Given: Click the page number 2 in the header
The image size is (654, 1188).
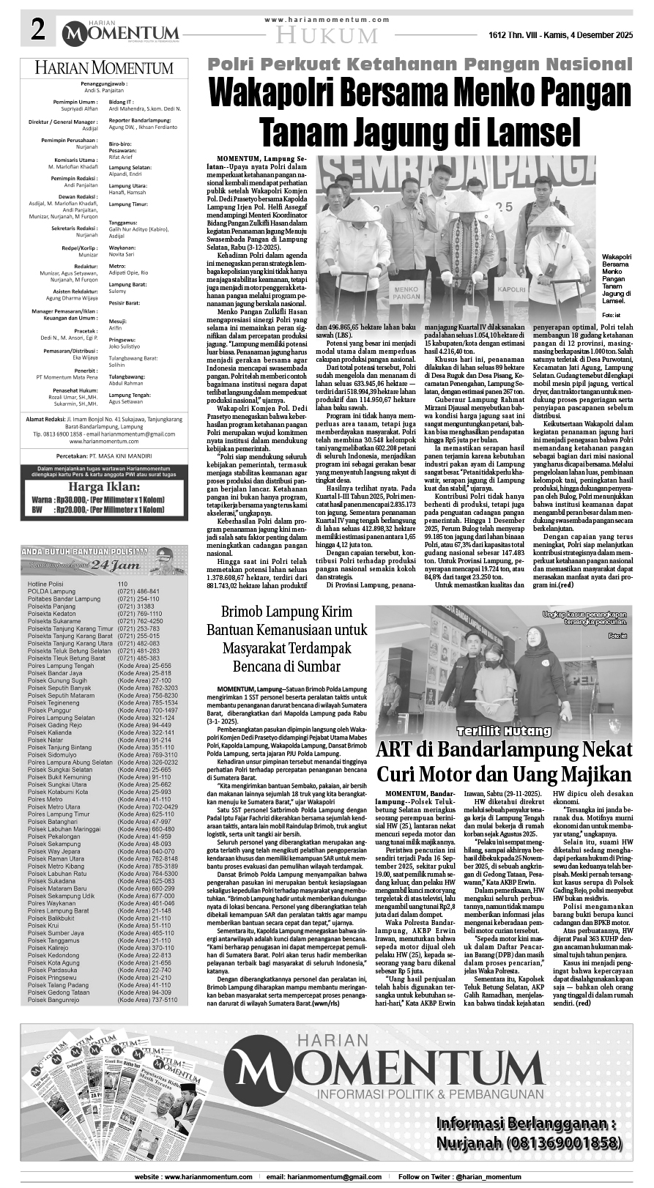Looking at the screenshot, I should (37, 31).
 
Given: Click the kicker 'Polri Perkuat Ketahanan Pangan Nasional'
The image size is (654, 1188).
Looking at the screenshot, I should (420, 64).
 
